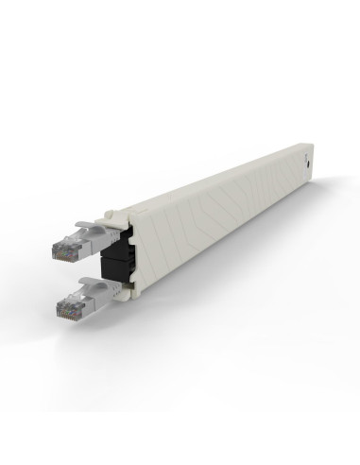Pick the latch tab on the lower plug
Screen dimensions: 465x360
pyautogui.click(x=90, y=285)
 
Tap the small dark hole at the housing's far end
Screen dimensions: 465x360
pyautogui.click(x=309, y=162)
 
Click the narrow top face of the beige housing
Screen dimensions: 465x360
pyautogui.click(x=217, y=180)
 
